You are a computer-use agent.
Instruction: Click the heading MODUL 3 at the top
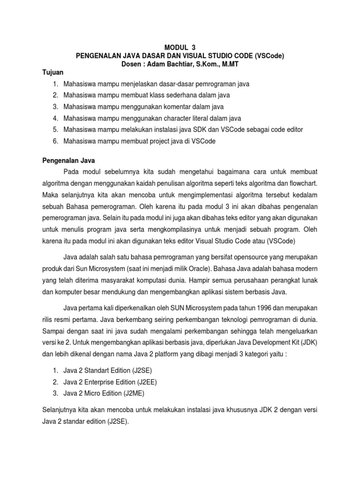(x=180, y=47)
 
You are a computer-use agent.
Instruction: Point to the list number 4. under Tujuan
(x=55, y=118)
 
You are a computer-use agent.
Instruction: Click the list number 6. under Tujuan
(x=55, y=141)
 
